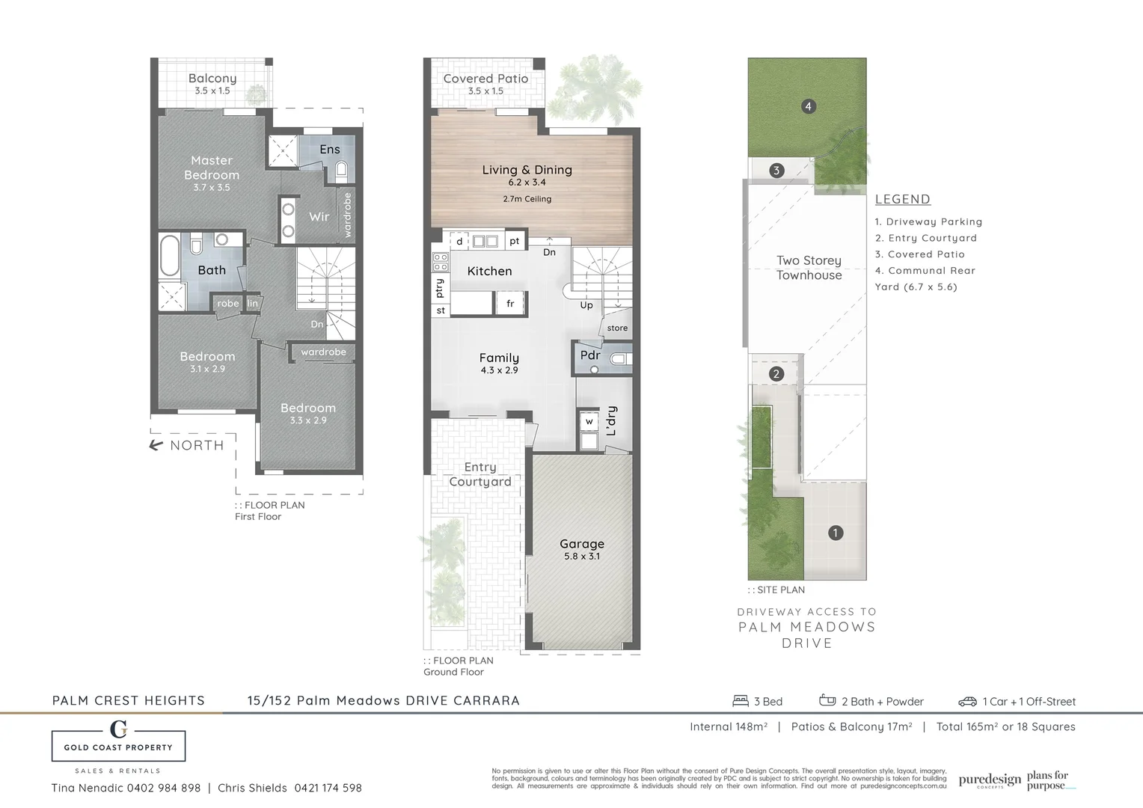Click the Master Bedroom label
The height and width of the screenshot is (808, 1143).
(x=212, y=168)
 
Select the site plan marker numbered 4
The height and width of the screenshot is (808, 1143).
(x=808, y=106)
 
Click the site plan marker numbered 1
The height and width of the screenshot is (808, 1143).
(x=835, y=533)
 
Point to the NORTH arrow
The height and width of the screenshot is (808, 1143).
(x=156, y=445)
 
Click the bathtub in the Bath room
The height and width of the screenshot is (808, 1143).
(x=170, y=257)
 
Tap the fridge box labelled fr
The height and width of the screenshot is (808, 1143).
(x=510, y=304)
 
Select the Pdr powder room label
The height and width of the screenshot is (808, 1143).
(x=590, y=355)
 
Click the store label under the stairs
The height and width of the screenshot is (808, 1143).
(x=617, y=328)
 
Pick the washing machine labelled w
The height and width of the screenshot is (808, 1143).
(x=589, y=422)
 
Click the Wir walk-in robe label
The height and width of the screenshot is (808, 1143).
(x=319, y=216)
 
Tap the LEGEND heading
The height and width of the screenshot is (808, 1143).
(x=902, y=199)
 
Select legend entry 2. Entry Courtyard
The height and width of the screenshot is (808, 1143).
(x=926, y=238)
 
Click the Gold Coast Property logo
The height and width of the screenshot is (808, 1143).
(x=118, y=740)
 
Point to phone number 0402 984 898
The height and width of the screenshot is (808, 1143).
(x=163, y=788)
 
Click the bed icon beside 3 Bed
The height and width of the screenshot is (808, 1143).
(x=741, y=701)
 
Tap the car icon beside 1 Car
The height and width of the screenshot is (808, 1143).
(x=967, y=701)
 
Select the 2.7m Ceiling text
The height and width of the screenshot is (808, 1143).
(x=527, y=199)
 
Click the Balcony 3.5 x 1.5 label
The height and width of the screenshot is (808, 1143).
(x=212, y=83)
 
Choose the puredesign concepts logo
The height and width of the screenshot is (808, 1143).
(x=989, y=780)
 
